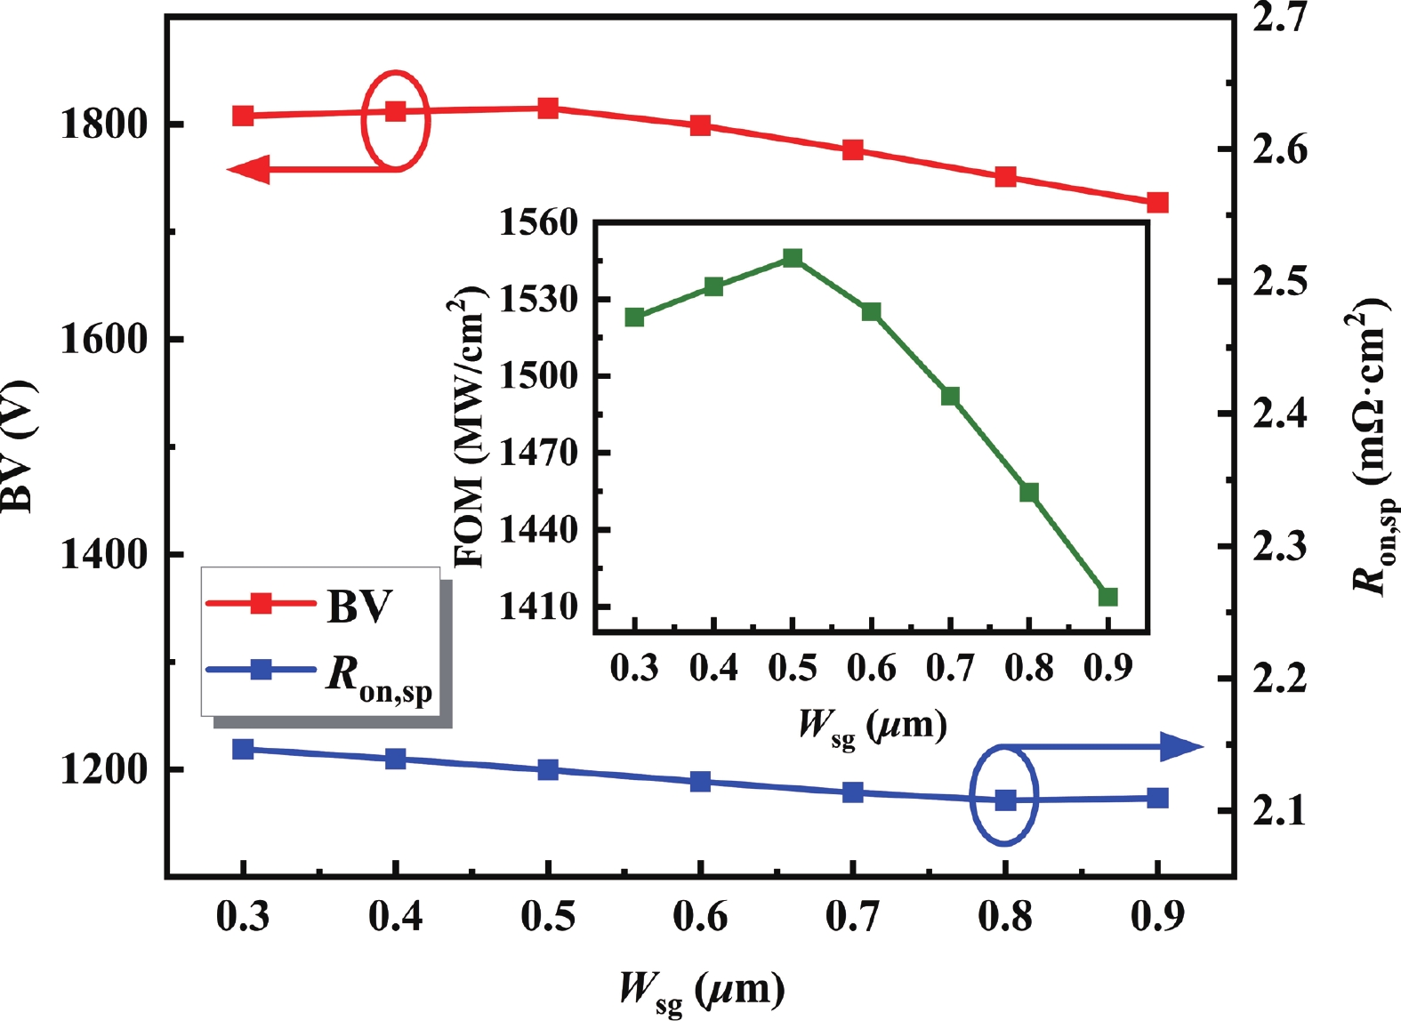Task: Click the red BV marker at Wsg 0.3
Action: pos(243,116)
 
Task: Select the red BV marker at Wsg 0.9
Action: pos(1157,203)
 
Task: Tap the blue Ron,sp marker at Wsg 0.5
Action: pos(548,769)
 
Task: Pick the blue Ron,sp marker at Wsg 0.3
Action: pos(243,749)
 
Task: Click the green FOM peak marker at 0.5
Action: pos(793,258)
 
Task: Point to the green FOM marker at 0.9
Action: pos(1107,597)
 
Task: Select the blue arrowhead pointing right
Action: pos(1182,747)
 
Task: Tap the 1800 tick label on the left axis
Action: pos(103,124)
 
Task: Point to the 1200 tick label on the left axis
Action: pos(103,769)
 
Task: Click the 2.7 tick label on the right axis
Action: pos(1280,18)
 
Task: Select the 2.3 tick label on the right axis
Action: pos(1280,546)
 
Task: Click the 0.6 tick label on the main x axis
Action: pos(700,917)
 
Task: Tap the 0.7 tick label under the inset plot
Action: pos(950,668)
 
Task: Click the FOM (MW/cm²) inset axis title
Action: pos(469,427)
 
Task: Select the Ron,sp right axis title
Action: pos(1370,445)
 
